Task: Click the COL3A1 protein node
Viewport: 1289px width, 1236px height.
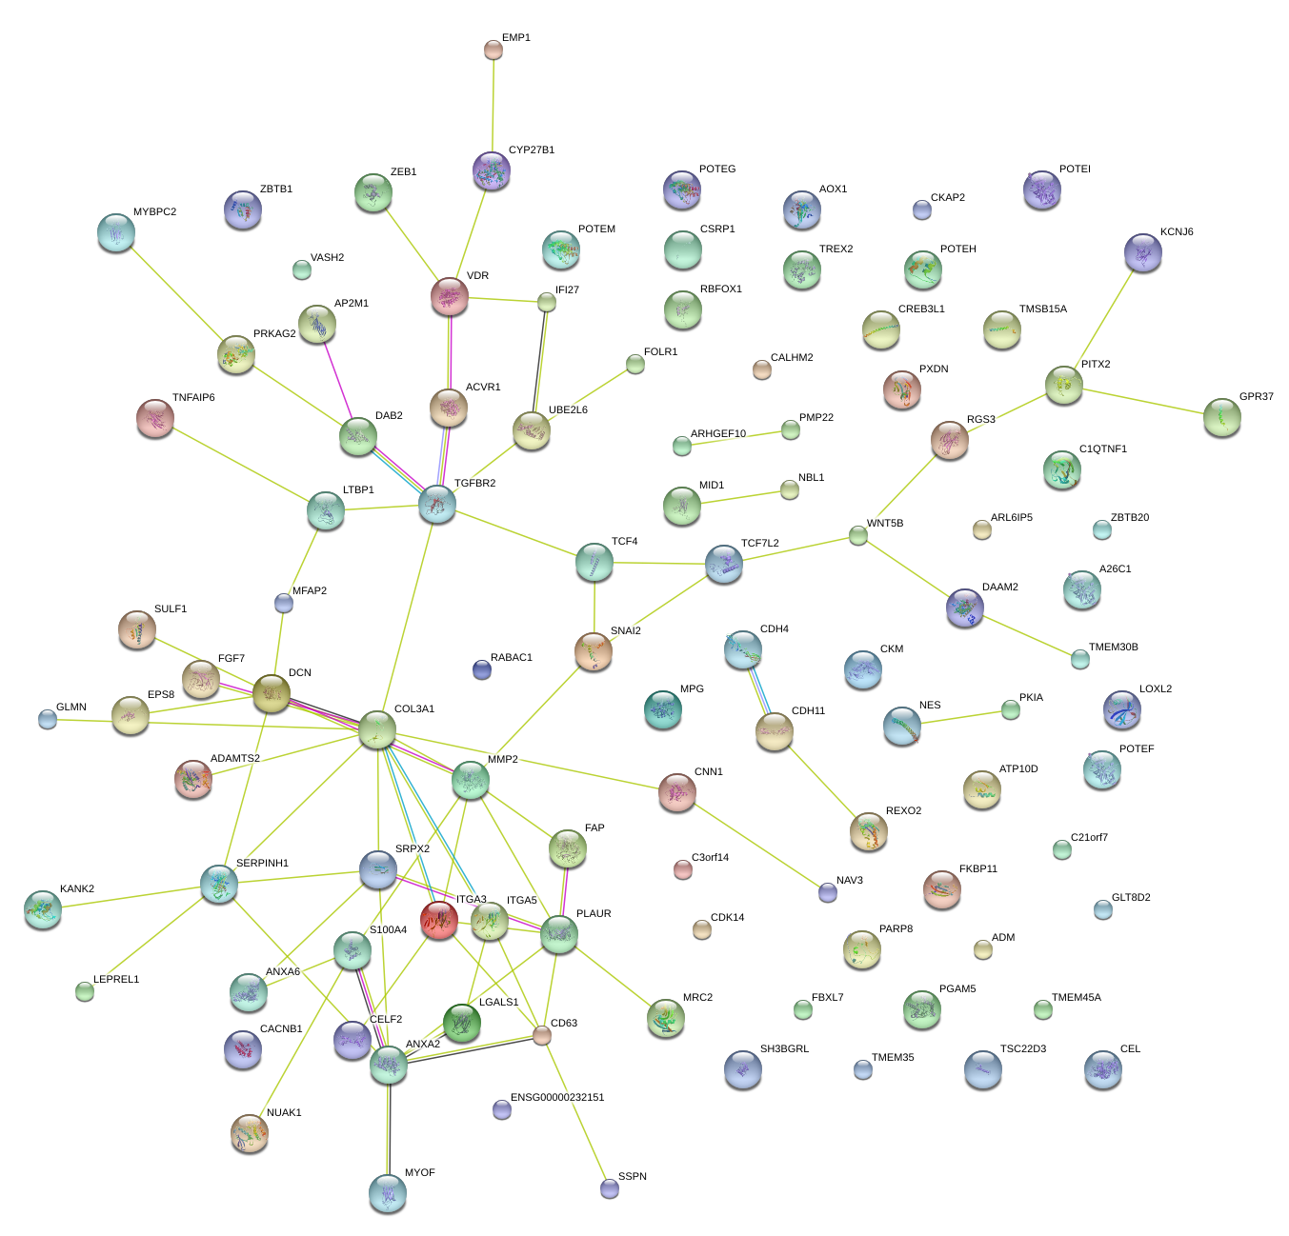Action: point(376,729)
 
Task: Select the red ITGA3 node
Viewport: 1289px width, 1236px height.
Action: point(438,920)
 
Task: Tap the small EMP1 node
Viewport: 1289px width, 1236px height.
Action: point(493,50)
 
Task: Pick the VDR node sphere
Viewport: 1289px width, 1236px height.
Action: point(450,297)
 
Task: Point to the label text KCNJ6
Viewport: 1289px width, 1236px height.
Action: point(1177,231)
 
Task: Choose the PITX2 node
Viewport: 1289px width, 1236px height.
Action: point(1063,385)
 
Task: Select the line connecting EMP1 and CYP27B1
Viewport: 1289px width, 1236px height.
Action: point(493,105)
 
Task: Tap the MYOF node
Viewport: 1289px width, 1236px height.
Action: point(388,1192)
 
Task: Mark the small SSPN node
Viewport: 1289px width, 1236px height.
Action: point(610,1187)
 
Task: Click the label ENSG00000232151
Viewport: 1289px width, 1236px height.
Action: point(557,1097)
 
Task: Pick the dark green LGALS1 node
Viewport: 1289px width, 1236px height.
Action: point(462,1023)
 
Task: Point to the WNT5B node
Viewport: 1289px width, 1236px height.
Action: point(858,535)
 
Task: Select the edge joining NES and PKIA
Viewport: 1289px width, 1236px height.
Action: point(957,718)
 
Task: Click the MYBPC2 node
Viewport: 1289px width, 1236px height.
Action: point(116,231)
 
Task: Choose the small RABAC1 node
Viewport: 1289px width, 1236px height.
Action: point(482,669)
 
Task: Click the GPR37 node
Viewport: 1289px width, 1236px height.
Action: point(1221,417)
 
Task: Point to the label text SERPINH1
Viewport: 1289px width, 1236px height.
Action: point(262,863)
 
